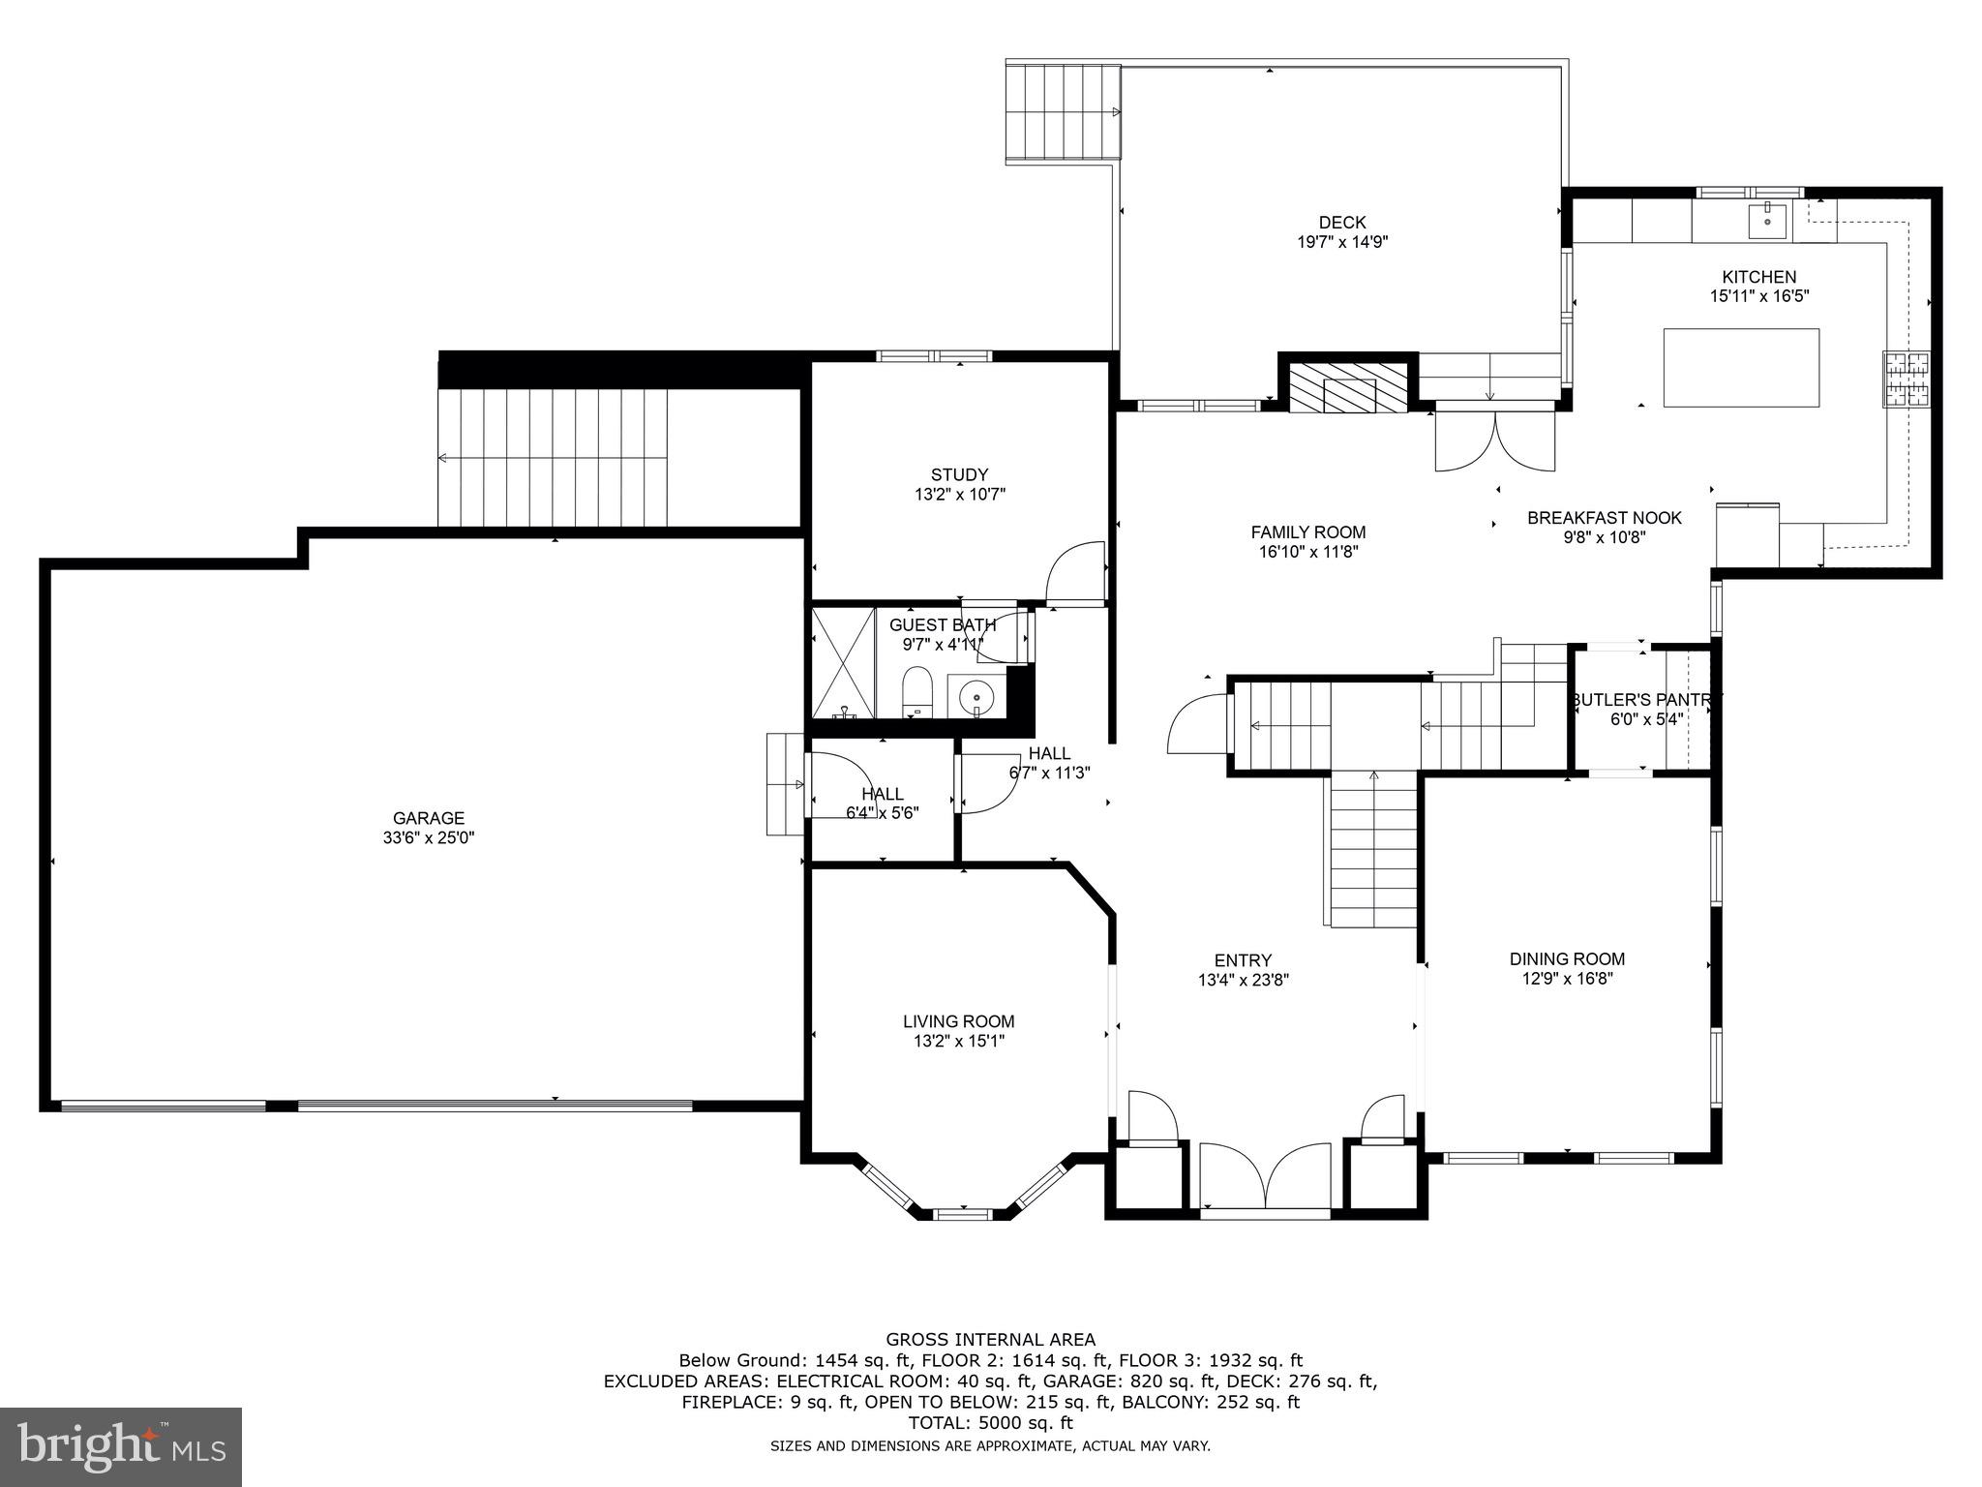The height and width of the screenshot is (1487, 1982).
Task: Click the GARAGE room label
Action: tap(429, 818)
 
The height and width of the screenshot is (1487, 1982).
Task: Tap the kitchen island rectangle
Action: tap(1741, 368)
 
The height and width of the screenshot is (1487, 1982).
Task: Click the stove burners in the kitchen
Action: tap(1906, 379)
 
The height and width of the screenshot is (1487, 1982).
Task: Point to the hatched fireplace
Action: tap(1348, 387)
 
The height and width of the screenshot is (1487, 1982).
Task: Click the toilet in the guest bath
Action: tap(916, 690)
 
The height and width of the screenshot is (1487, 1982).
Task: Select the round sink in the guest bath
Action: tap(976, 695)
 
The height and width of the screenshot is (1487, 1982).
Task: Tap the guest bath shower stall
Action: tap(843, 662)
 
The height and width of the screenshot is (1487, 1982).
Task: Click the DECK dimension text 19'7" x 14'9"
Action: tap(1342, 242)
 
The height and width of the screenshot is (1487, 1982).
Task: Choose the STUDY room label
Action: tap(959, 474)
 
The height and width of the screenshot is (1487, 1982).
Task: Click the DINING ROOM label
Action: tap(1567, 958)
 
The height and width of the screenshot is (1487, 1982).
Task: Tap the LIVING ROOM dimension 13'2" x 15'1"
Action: tap(959, 1041)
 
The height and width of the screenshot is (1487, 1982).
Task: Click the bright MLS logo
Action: tap(121, 1446)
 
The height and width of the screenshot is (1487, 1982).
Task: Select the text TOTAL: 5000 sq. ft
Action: tap(991, 1423)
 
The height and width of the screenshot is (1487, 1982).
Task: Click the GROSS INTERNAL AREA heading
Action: tap(991, 1340)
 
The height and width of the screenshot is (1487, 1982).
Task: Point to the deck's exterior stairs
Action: tap(1063, 111)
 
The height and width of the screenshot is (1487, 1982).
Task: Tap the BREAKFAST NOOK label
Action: tap(1605, 518)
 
